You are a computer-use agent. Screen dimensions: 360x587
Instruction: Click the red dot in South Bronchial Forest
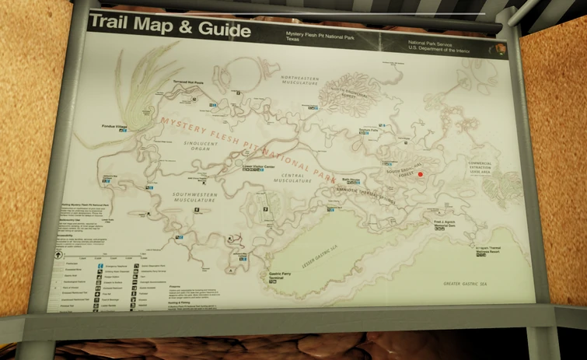pyautogui.click(x=420, y=175)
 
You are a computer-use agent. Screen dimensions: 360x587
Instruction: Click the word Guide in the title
pyautogui.click(x=223, y=30)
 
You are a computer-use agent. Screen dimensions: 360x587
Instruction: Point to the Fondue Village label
pyautogui.click(x=113, y=125)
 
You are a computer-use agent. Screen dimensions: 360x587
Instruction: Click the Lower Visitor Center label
pyautogui.click(x=260, y=166)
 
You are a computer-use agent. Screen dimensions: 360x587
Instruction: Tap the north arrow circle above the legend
pyautogui.click(x=58, y=253)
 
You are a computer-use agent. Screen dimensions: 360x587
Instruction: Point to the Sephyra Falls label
pyautogui.click(x=368, y=130)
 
